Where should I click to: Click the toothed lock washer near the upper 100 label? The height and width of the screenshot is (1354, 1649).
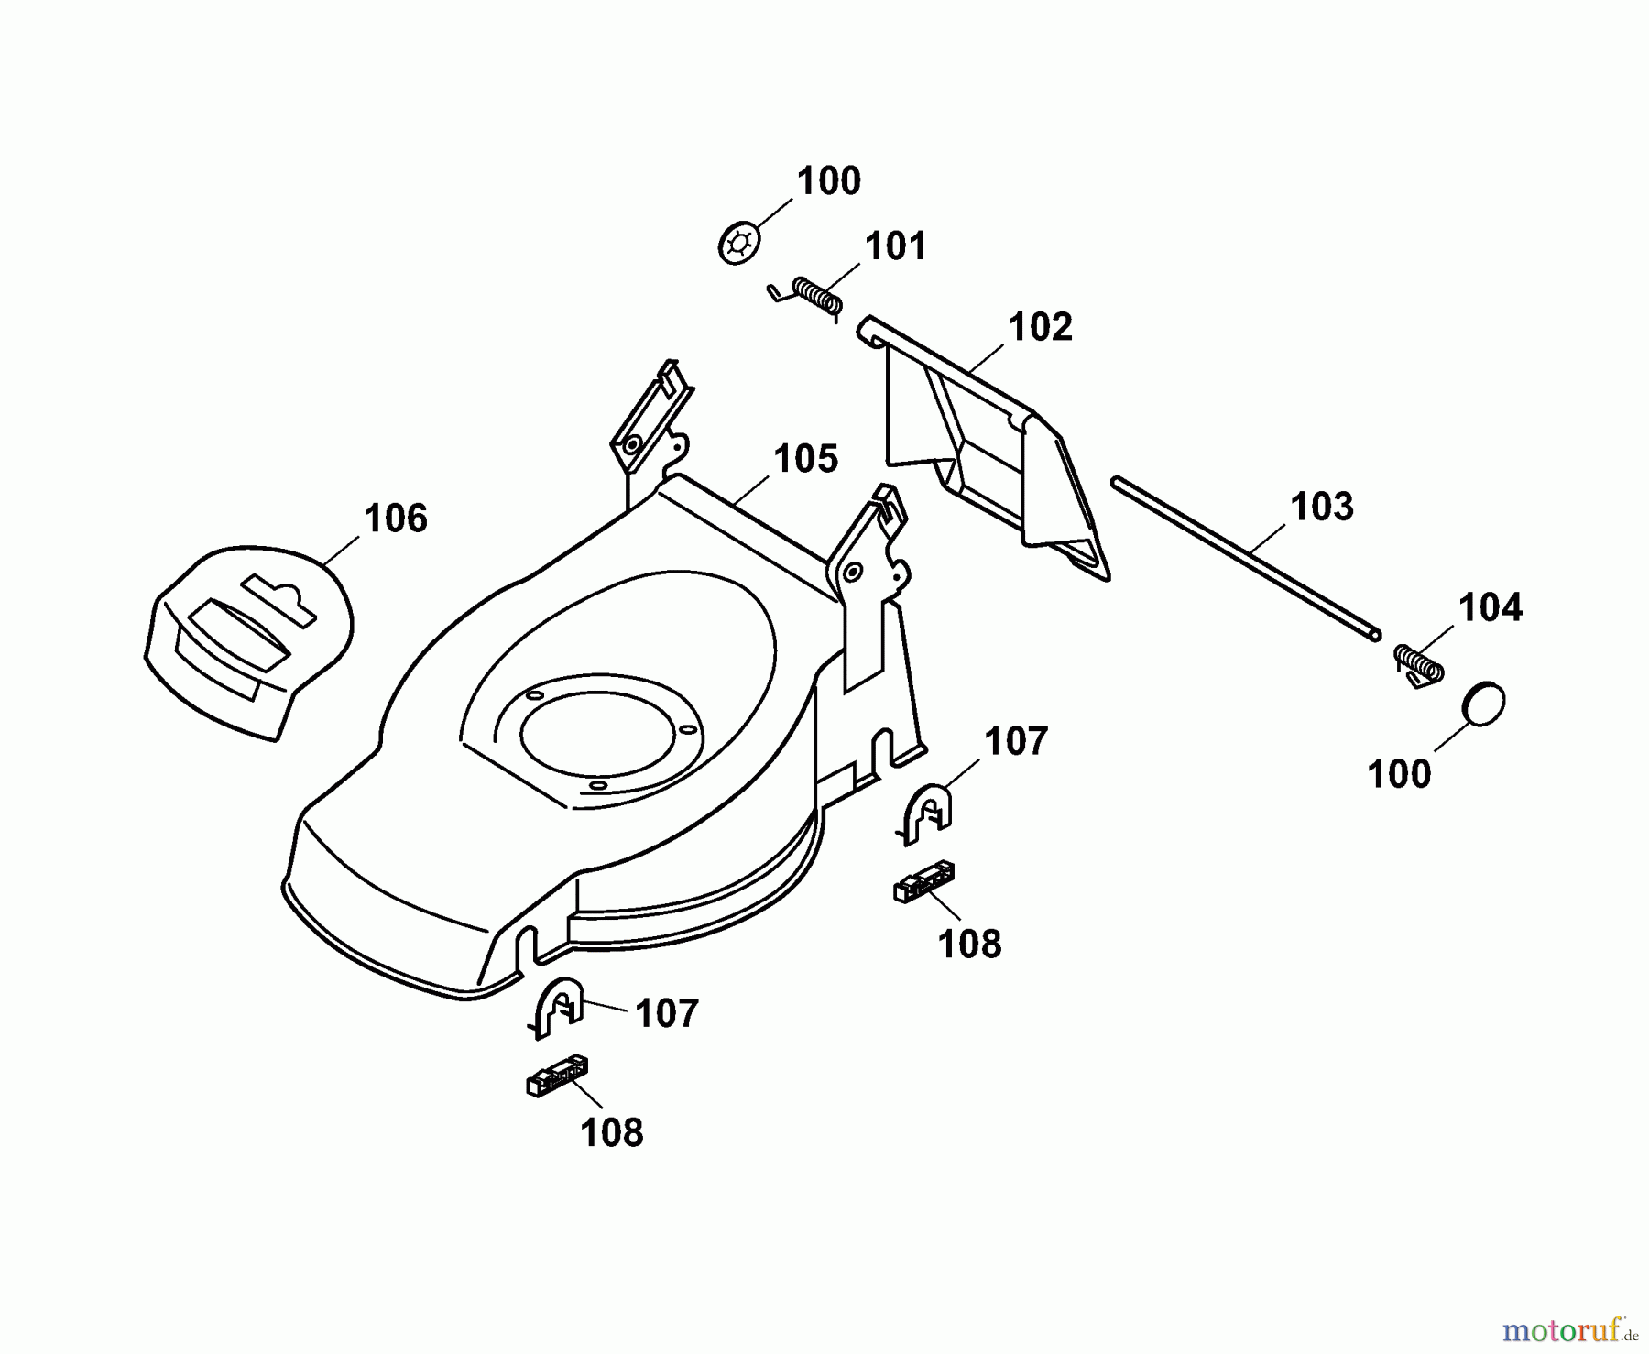click(738, 245)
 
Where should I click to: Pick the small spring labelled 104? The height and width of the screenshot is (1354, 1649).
click(1418, 663)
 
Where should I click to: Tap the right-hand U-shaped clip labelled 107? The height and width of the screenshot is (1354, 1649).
click(928, 811)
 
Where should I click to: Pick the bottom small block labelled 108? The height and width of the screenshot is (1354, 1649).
click(557, 1075)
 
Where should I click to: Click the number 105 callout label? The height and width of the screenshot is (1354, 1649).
click(805, 459)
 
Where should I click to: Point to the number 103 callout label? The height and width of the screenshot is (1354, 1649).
click(1321, 506)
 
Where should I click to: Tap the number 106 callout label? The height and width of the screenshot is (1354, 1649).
click(395, 519)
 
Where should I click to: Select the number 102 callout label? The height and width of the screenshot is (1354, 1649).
click(1040, 327)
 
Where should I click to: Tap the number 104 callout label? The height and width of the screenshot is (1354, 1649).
click(1490, 607)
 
